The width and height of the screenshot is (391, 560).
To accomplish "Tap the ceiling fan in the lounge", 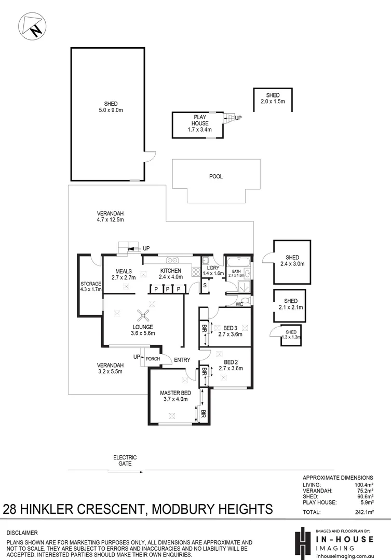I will (143, 314).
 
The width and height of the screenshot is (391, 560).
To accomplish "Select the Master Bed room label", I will (175, 396).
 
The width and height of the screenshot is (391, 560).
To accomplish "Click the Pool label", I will (215, 177).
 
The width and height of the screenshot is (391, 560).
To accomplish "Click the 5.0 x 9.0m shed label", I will (111, 107).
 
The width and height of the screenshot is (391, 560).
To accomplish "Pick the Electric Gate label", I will (125, 460).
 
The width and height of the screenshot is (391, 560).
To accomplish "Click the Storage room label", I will (90, 287).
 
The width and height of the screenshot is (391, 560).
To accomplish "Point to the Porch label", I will (153, 359).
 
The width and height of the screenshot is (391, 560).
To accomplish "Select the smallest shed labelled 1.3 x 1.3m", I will (291, 335).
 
